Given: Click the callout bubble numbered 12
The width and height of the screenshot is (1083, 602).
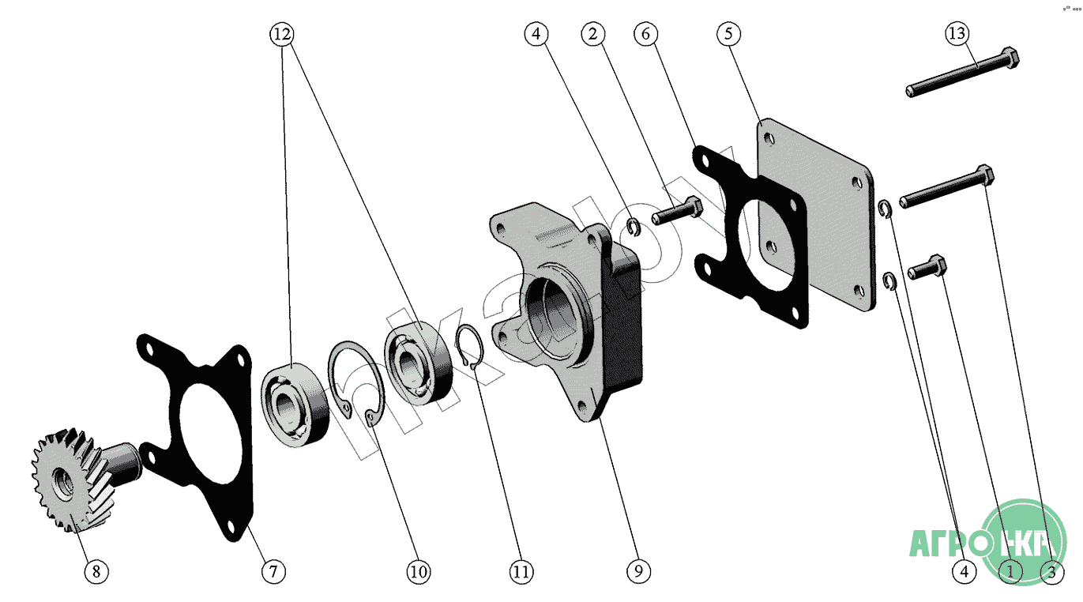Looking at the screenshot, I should [281, 34].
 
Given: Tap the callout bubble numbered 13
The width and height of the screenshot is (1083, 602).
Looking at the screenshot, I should [957, 34].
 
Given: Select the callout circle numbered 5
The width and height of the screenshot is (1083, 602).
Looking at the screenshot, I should [728, 34].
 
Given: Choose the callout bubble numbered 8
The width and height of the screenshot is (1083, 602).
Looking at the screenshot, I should [96, 571].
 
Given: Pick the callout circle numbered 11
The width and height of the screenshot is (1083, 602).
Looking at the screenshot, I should [521, 571].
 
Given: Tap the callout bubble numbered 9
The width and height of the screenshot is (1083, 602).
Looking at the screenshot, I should [638, 571].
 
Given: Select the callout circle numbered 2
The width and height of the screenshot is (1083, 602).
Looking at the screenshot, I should [593, 34].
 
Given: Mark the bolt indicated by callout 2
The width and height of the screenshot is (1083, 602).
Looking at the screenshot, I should [677, 211].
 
